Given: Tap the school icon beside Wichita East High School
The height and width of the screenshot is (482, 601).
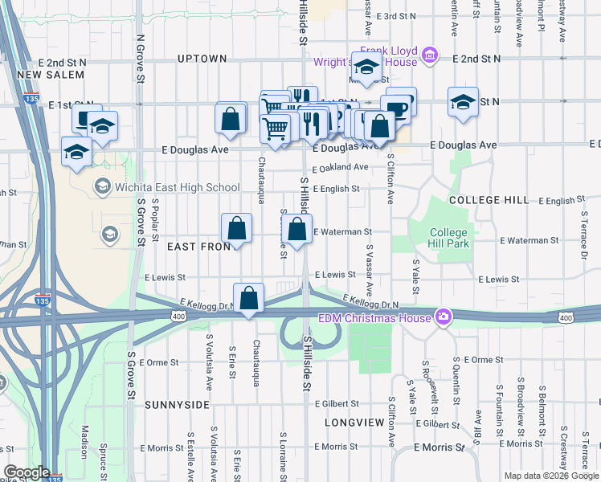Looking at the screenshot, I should [x=101, y=187].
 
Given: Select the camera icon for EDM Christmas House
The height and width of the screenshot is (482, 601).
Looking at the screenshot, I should [x=443, y=317].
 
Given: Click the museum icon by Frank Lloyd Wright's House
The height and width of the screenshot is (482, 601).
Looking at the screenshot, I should [x=430, y=55].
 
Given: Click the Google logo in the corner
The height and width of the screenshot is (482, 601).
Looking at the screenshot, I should [x=26, y=472].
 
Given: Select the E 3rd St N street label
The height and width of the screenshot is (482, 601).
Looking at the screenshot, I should [x=390, y=16].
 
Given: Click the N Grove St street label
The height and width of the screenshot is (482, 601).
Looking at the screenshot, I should [x=140, y=59].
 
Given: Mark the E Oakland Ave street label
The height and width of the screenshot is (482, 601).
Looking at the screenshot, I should [x=341, y=167].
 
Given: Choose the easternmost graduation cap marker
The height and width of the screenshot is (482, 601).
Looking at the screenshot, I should [x=463, y=102].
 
